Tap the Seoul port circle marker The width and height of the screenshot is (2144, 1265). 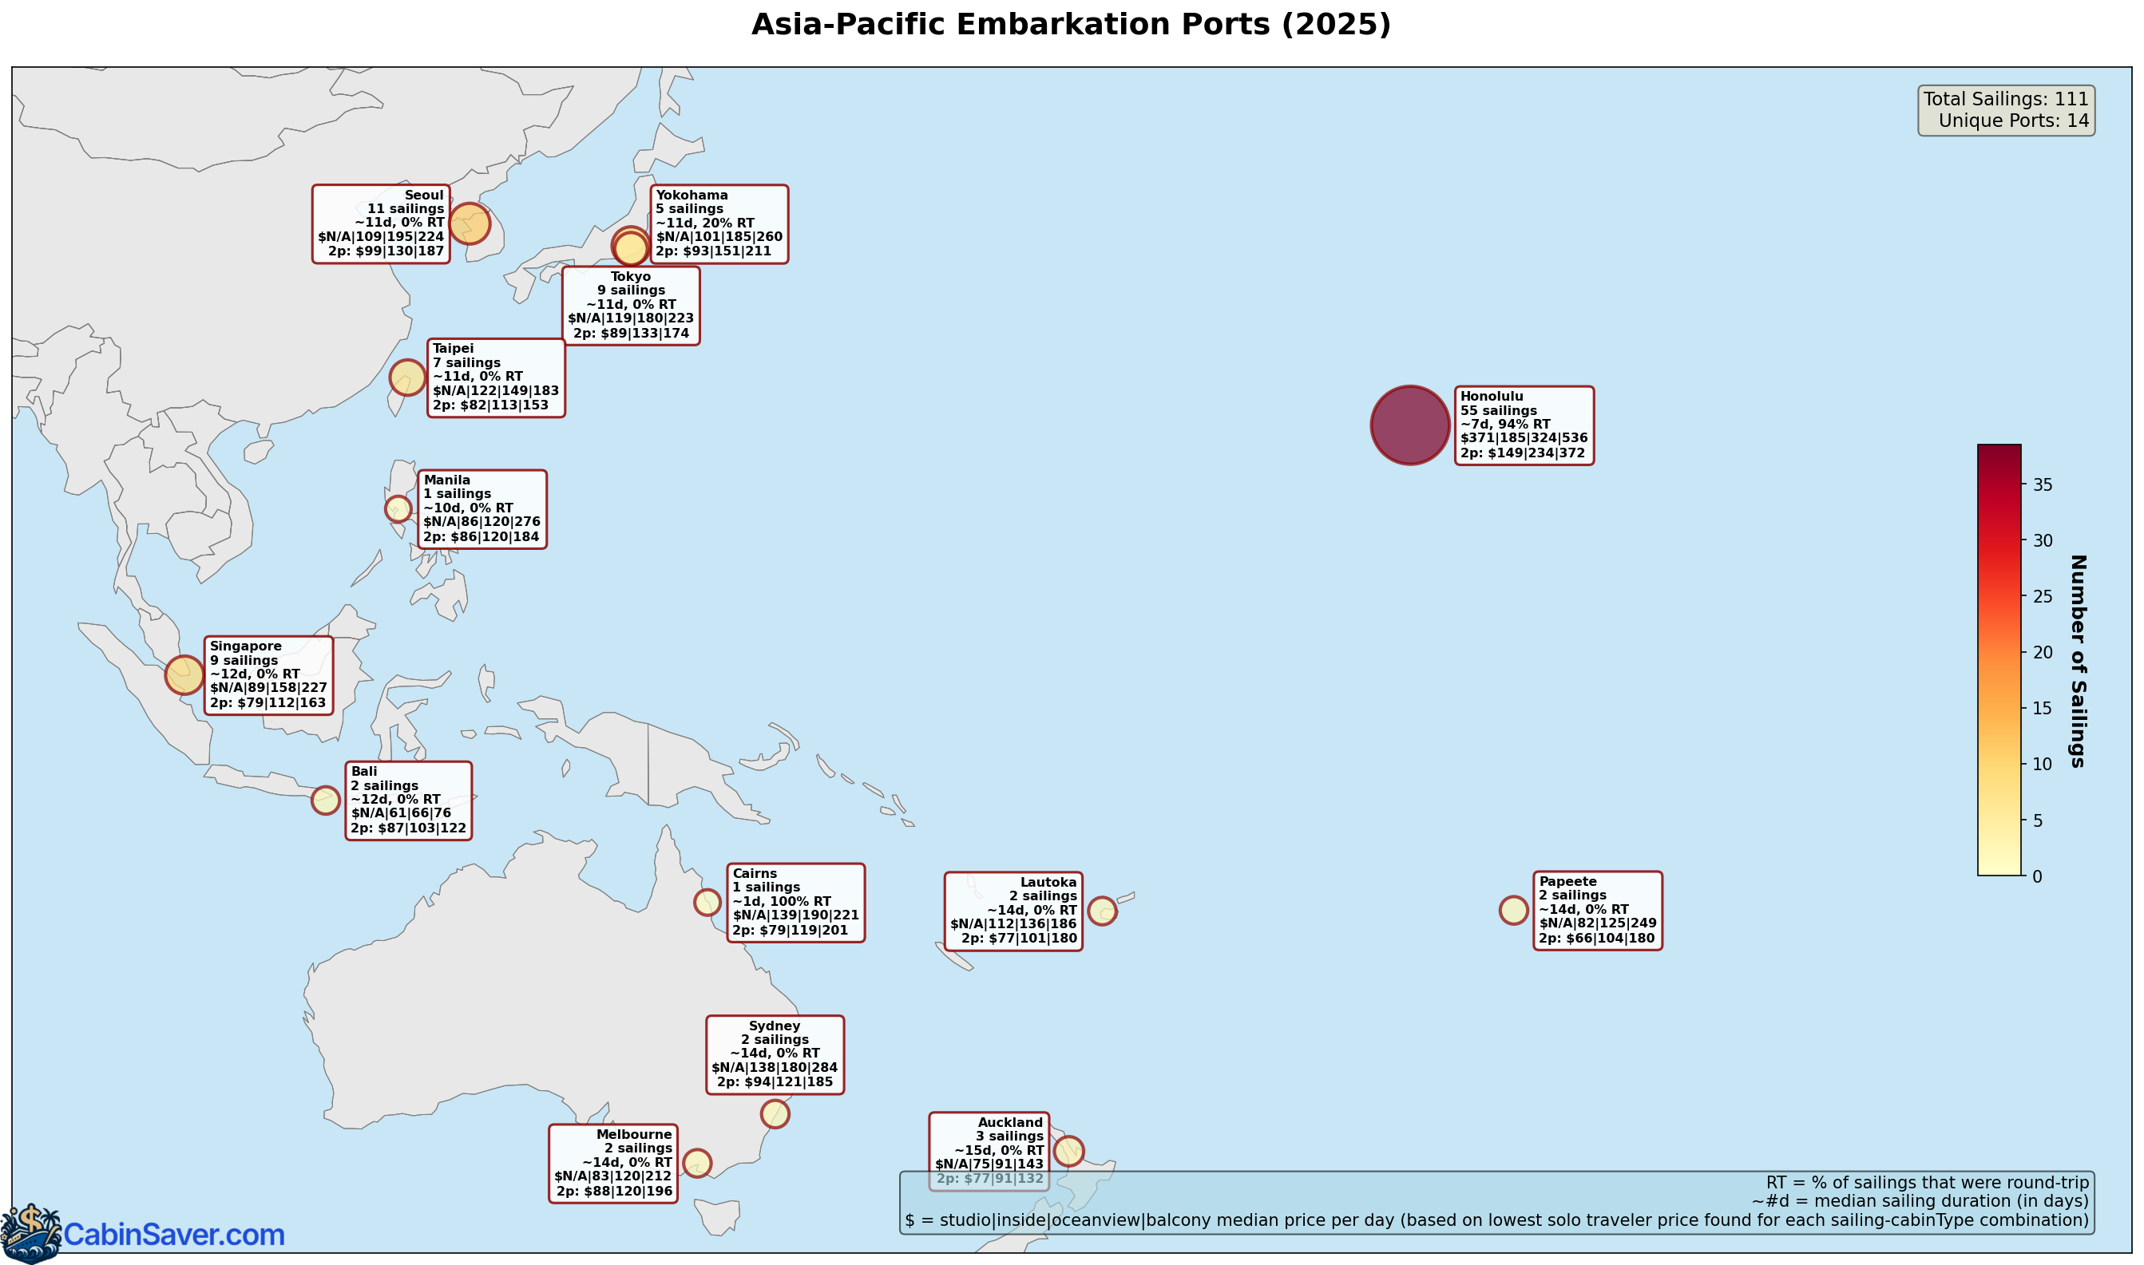469,223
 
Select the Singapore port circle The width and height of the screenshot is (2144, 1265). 184,675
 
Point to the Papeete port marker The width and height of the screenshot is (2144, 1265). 1514,911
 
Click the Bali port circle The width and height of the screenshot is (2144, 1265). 326,801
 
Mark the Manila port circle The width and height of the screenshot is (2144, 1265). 398,509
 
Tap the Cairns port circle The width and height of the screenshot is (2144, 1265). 707,902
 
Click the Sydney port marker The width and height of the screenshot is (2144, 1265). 775,1113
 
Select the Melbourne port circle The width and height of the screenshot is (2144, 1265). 698,1163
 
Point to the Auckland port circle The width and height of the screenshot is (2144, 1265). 1068,1151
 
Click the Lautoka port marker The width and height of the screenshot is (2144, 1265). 1102,911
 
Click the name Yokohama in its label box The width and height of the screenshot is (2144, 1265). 692,196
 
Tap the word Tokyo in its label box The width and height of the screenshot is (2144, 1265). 630,276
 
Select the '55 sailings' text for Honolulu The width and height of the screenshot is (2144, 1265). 1499,410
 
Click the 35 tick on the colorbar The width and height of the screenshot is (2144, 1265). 2042,485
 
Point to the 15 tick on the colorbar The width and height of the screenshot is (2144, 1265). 2042,709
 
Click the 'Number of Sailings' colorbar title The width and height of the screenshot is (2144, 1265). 2078,661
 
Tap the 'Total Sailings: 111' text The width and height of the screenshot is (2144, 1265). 2005,99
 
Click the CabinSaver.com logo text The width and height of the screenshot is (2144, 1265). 174,1235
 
